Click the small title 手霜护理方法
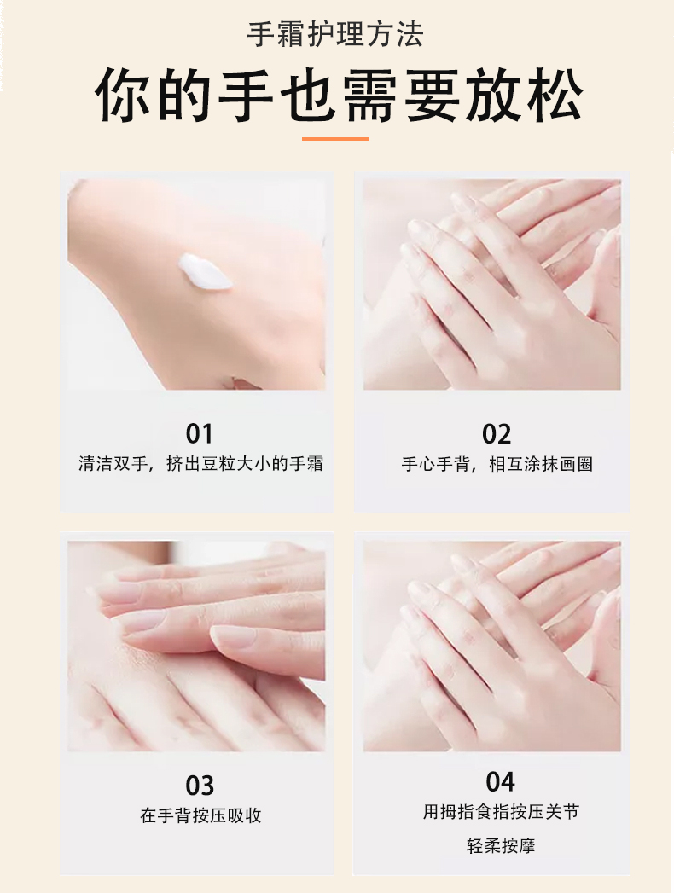point(335,35)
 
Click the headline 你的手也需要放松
point(339,96)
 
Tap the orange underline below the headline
point(335,138)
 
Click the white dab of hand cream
point(205,272)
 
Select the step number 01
point(200,433)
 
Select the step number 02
point(497,434)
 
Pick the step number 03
point(200,786)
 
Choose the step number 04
point(500,781)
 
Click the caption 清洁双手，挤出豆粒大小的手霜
point(200,464)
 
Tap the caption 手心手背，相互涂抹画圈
point(497,464)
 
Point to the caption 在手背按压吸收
point(200,815)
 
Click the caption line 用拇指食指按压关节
point(501,812)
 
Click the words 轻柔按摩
point(501,846)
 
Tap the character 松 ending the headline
point(555,96)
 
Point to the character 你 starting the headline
point(122,96)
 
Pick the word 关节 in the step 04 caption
point(562,812)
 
